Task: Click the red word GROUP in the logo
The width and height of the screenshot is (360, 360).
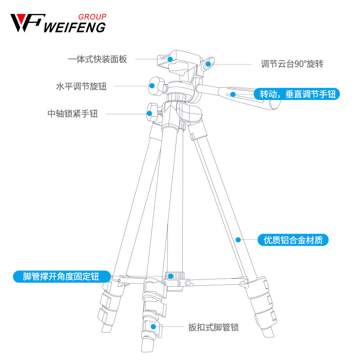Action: [92, 17]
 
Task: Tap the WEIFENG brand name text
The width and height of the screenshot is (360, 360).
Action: [75, 27]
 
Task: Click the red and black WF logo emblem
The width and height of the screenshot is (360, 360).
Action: [26, 23]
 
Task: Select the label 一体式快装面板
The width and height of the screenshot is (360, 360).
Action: [98, 59]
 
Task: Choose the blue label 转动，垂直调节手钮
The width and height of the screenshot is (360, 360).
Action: [296, 94]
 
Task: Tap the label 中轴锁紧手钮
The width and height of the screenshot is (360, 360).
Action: [72, 114]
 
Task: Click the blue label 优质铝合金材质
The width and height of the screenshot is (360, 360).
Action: [293, 240]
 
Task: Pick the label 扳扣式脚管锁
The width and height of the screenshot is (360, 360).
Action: [213, 327]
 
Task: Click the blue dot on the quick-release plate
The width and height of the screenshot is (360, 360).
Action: [170, 58]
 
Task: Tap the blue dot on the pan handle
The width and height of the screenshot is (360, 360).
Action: [233, 94]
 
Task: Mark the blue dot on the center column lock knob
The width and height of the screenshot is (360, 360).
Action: [149, 113]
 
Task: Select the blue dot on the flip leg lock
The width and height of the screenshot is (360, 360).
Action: [153, 327]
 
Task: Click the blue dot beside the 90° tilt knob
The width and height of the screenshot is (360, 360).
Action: [208, 64]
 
